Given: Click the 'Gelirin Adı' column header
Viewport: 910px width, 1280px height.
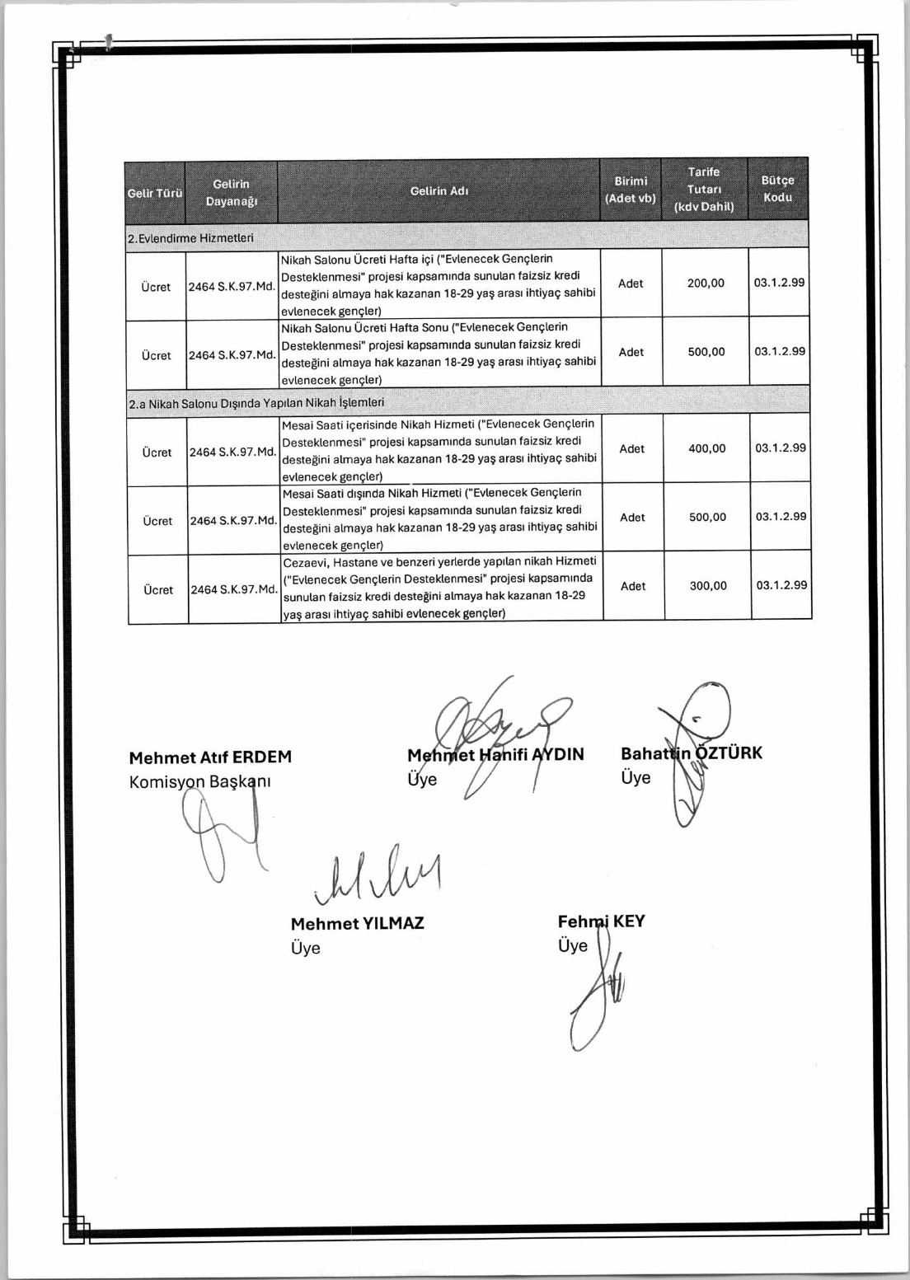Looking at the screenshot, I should (439, 190).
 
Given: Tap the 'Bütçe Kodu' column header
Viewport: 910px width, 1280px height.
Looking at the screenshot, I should (777, 189).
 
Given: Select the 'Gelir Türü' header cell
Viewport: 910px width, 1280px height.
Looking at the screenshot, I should (155, 193).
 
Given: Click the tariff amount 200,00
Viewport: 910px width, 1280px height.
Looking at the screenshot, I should (706, 283).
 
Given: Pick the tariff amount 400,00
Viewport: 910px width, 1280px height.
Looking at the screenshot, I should (707, 448).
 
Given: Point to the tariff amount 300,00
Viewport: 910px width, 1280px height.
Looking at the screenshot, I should (708, 586).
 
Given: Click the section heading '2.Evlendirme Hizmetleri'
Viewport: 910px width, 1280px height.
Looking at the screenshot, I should (190, 238).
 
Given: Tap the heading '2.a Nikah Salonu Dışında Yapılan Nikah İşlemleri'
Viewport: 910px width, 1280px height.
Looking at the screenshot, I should (256, 403).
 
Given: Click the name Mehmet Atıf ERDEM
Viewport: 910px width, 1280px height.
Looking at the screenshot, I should (210, 757).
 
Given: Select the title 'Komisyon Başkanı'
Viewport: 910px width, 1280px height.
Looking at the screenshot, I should (199, 781).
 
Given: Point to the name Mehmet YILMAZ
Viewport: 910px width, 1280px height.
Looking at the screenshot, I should (357, 923).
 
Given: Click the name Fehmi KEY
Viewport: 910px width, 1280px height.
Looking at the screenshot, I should (601, 921).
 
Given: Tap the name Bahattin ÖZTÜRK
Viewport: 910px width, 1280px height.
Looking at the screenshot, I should (691, 753).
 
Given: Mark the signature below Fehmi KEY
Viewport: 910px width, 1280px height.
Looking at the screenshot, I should (595, 1001).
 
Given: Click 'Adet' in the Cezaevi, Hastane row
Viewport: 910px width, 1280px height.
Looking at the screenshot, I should (633, 586).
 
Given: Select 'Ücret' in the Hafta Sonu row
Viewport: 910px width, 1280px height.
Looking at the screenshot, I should (156, 355).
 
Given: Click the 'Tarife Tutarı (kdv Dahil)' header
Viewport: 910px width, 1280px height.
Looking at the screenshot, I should (704, 189).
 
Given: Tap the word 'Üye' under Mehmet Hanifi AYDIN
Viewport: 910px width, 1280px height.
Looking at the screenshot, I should (422, 779).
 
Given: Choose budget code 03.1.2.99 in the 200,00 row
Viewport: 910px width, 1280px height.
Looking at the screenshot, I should (779, 282).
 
